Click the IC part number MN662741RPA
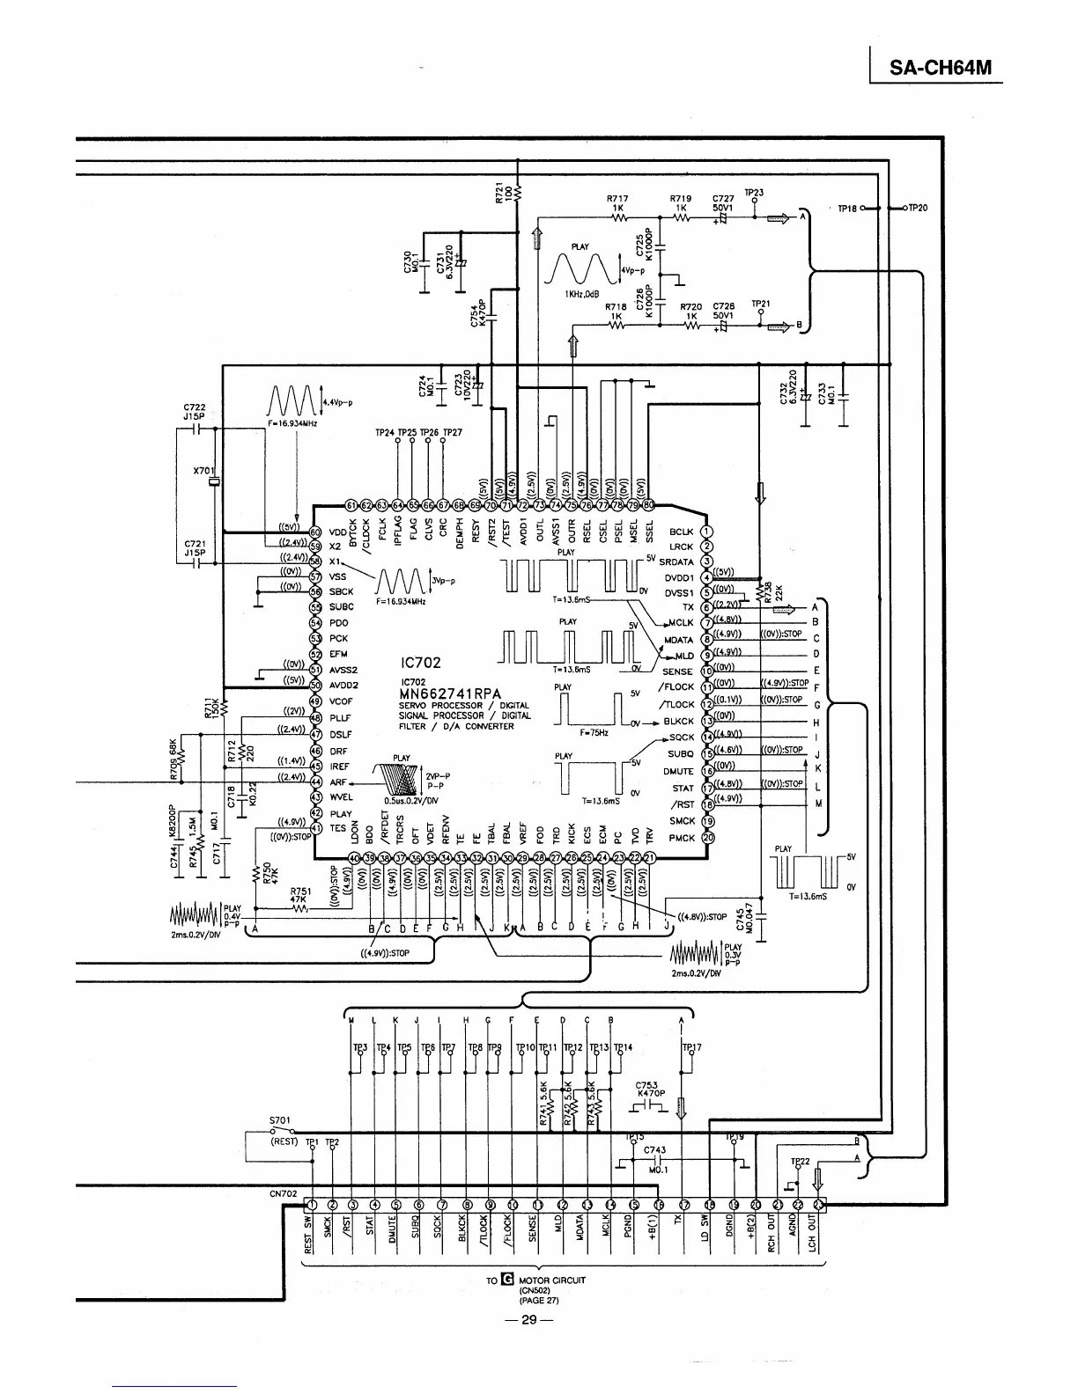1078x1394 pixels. tap(449, 693)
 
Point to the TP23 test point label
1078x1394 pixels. tap(754, 193)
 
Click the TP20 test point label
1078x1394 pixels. tap(917, 208)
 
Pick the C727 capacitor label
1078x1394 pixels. tap(722, 199)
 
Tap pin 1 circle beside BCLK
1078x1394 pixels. tap(706, 532)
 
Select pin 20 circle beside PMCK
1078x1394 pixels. tap(706, 838)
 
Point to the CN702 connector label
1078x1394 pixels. tap(282, 1194)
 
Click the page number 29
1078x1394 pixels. tap(528, 1319)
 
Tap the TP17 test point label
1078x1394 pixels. tap(692, 1047)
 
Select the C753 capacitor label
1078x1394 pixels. tap(647, 1085)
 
